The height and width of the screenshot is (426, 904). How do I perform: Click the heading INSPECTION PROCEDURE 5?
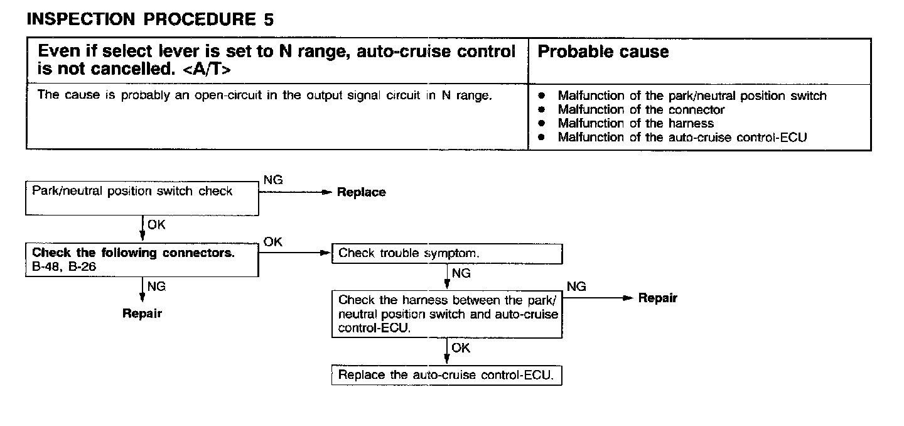coord(150,19)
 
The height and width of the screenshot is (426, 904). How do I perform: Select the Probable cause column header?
coord(603,52)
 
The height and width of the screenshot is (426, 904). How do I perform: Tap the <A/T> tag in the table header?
coord(207,70)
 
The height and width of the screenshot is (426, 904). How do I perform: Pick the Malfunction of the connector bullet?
coord(640,110)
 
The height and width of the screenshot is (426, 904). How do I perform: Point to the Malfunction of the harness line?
coord(635,124)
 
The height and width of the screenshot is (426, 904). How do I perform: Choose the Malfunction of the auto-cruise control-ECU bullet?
coord(682,138)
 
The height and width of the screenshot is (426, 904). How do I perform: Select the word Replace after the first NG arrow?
coord(361,192)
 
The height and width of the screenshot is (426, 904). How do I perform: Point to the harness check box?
coord(446,314)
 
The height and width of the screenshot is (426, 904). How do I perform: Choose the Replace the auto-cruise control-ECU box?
coord(446,375)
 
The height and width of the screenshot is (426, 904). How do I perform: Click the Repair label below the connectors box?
coord(142,314)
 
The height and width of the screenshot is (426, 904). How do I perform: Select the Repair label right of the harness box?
coord(657,298)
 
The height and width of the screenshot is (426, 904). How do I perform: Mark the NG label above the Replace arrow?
coord(273,180)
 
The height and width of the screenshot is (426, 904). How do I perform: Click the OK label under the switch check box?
coord(157,225)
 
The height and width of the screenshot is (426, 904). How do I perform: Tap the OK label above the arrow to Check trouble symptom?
coord(273,242)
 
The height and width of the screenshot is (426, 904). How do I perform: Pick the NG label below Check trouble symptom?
coord(461,273)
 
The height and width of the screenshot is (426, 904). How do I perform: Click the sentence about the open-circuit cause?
coord(264,96)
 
